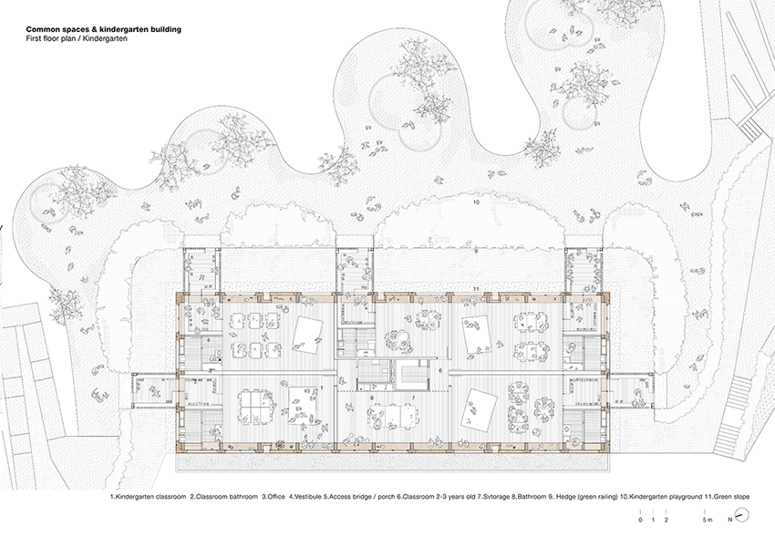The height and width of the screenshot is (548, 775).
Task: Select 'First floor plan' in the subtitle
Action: (x=48, y=39)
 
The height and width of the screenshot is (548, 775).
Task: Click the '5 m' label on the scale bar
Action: (x=708, y=519)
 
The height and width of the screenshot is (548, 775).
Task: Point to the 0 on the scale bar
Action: (x=641, y=519)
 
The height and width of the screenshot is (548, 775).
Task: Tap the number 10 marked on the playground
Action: (x=476, y=202)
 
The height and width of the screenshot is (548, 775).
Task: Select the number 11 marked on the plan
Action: (x=477, y=289)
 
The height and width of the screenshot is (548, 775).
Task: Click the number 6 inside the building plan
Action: (x=439, y=371)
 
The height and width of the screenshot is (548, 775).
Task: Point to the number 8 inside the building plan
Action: (x=374, y=399)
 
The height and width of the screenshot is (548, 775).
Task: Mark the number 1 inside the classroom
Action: (x=322, y=388)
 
